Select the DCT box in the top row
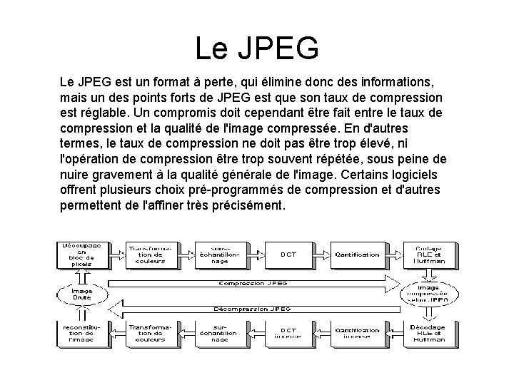point(288,254)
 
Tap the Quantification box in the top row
point(357,254)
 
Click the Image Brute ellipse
point(81,294)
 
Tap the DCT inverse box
point(288,334)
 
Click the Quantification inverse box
point(357,334)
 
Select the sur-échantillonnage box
point(219,334)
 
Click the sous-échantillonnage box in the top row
point(219,254)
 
